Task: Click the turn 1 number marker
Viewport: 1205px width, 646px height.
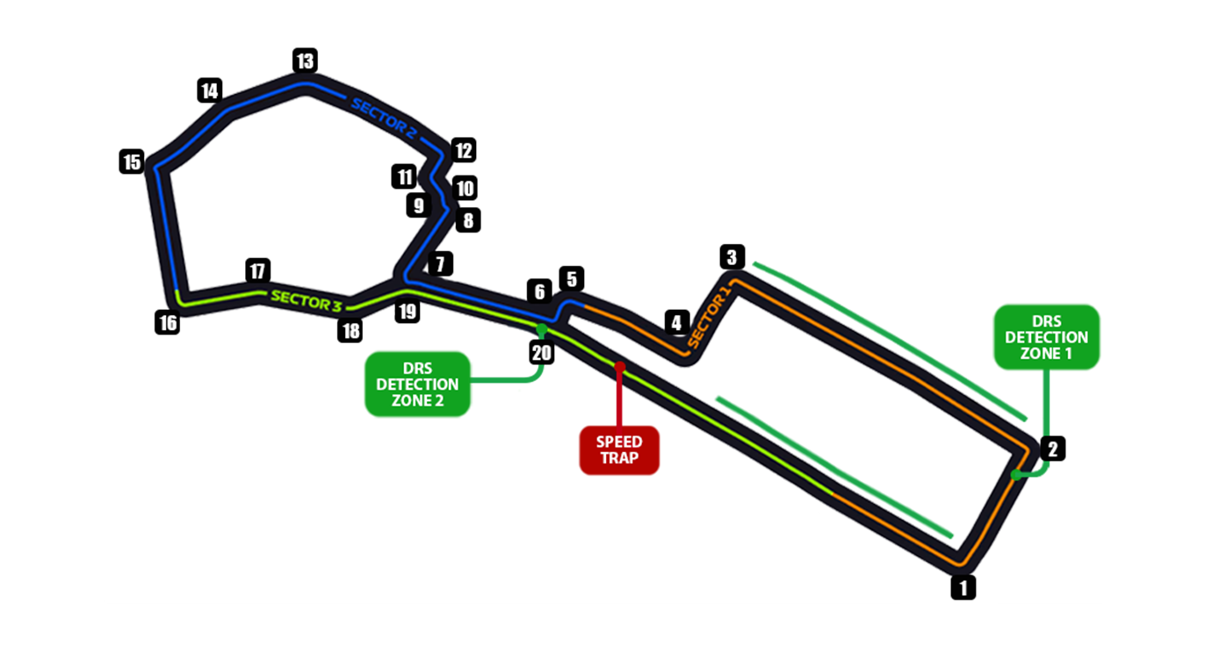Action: pyautogui.click(x=963, y=586)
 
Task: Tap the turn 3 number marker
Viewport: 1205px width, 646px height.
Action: pyautogui.click(x=732, y=257)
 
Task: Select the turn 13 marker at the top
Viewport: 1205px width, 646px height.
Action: pyautogui.click(x=304, y=61)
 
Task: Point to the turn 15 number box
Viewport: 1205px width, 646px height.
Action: pyautogui.click(x=132, y=161)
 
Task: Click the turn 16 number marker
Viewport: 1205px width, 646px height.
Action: pyautogui.click(x=167, y=322)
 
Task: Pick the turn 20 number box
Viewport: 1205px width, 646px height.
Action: pyautogui.click(x=542, y=352)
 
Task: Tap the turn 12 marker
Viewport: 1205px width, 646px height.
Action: pyautogui.click(x=463, y=150)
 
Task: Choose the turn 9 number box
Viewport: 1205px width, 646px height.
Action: pyautogui.click(x=418, y=205)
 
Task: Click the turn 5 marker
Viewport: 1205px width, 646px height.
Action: pyautogui.click(x=571, y=279)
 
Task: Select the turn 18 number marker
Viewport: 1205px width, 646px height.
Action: pyautogui.click(x=350, y=330)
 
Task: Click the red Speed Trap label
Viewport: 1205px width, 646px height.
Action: pyautogui.click(x=619, y=450)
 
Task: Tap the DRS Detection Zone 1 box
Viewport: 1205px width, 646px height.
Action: pyautogui.click(x=1046, y=337)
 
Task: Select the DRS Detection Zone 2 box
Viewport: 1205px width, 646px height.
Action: pyautogui.click(x=418, y=384)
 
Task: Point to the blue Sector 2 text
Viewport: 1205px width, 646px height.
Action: pyautogui.click(x=384, y=118)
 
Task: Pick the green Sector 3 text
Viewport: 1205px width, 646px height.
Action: pyautogui.click(x=306, y=299)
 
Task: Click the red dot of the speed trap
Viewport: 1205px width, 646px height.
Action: pyautogui.click(x=619, y=365)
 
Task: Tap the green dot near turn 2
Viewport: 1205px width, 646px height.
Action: pyautogui.click(x=1016, y=475)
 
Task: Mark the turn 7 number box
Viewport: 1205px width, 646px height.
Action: pyautogui.click(x=440, y=262)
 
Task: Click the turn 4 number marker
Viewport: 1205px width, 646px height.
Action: pyautogui.click(x=675, y=322)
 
